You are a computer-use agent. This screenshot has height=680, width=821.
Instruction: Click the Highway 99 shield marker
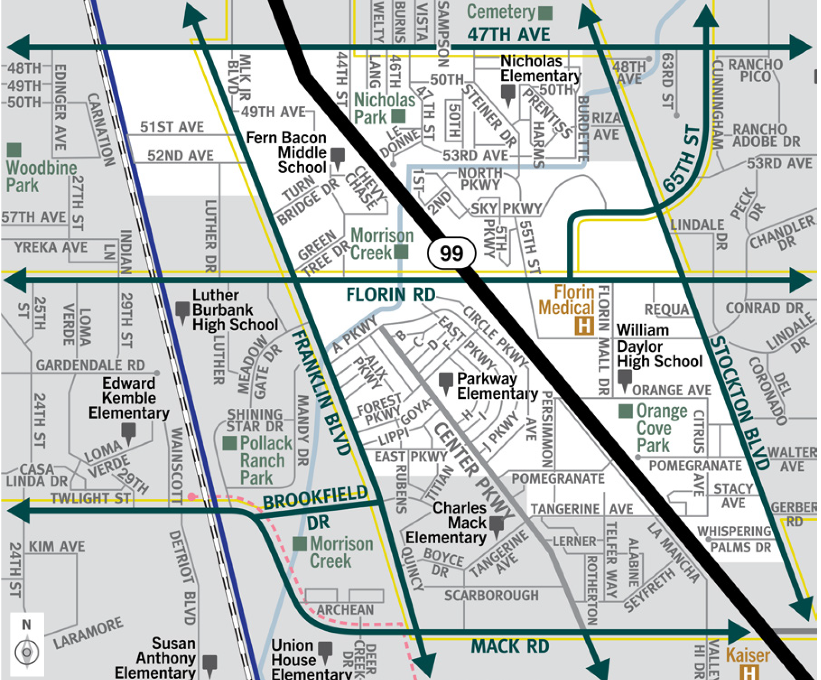[451, 253]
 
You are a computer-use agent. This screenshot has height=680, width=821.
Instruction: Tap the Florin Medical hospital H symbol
[583, 325]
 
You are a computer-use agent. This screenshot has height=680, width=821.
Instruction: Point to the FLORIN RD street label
[391, 295]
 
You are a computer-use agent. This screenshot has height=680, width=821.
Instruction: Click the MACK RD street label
[510, 646]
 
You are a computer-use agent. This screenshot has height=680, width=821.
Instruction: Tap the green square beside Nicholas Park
[398, 116]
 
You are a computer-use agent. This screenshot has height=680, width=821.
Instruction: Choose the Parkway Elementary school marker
[446, 381]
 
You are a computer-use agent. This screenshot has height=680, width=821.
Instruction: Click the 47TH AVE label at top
[508, 34]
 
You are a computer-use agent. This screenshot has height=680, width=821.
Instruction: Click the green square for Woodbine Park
[14, 150]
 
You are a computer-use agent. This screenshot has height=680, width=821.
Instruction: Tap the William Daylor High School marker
[624, 378]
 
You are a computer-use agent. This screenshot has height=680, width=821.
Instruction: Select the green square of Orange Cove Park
[625, 411]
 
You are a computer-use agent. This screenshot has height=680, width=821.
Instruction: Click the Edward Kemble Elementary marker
[128, 431]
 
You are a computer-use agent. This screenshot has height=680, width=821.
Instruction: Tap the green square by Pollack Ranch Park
[229, 443]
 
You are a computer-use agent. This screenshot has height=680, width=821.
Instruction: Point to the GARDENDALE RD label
[90, 365]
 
